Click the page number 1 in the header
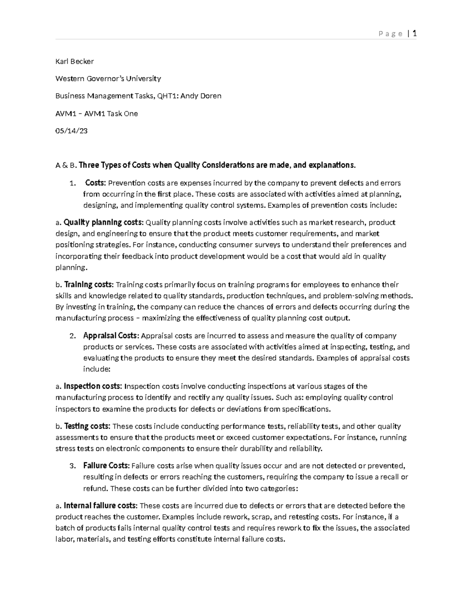click(415, 33)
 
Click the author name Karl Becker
click(74, 61)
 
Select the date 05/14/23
click(71, 131)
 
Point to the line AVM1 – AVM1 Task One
click(96, 114)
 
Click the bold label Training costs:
click(89, 284)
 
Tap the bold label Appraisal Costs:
click(111, 336)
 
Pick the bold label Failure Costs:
click(106, 466)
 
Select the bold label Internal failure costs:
click(101, 506)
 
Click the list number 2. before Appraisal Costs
click(72, 336)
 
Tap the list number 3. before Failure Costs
click(72, 466)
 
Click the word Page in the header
click(390, 34)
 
